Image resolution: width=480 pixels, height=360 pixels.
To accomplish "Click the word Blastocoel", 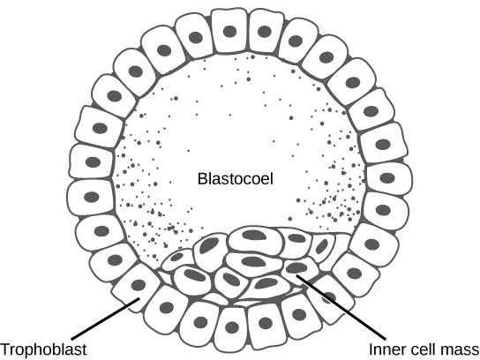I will coord(235,179).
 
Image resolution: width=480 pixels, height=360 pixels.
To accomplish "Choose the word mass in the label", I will coord(461,348).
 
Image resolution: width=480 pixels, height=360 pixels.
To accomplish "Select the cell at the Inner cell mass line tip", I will coord(297,269).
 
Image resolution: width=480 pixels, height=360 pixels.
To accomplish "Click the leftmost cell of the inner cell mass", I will coord(181,257).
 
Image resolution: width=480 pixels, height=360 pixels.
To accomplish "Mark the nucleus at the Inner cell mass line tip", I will coord(297,268).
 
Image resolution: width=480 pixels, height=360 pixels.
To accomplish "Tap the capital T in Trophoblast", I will coord(5,348).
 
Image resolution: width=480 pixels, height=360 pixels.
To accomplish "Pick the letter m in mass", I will coord(448,348).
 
